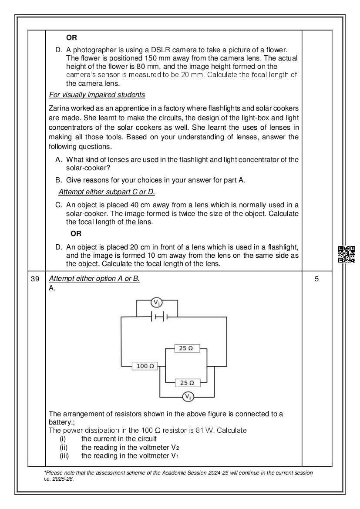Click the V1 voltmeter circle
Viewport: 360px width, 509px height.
point(157,302)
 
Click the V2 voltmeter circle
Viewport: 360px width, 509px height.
point(188,397)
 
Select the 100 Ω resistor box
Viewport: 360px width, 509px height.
point(145,366)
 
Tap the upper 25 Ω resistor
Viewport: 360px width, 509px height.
point(186,348)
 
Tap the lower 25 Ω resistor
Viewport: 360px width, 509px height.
point(187,383)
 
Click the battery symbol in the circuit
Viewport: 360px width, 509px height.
point(159,317)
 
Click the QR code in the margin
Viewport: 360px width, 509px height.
point(347,254)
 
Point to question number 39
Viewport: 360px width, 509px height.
point(36,279)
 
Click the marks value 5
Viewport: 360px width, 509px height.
point(316,279)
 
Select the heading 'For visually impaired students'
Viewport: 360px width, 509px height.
point(97,95)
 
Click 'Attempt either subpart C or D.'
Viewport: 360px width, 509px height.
point(107,192)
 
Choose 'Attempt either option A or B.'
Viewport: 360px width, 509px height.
point(94,279)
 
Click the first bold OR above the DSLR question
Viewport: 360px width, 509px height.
point(71,38)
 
